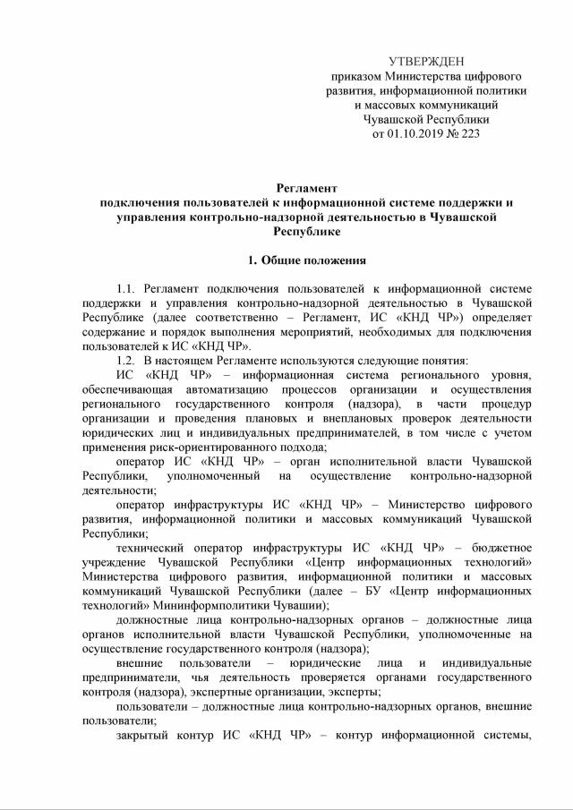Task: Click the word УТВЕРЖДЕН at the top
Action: (426, 61)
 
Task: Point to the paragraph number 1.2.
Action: (125, 361)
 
